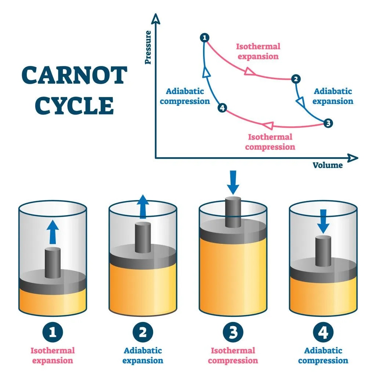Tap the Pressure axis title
coord(148,47)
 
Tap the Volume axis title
coord(328,165)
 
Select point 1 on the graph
coord(205,37)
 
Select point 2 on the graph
coord(296,79)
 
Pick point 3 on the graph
coord(328,123)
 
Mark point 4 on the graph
coord(222,108)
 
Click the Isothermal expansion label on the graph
coord(258,51)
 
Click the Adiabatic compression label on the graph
coord(185,96)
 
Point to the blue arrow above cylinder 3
coord(233,182)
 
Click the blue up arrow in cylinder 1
coord(53,232)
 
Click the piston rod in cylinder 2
coord(143,237)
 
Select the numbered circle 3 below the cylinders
coord(233,333)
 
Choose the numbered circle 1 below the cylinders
coord(53,333)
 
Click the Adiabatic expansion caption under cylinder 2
coord(143,356)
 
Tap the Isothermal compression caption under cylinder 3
coord(233,356)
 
